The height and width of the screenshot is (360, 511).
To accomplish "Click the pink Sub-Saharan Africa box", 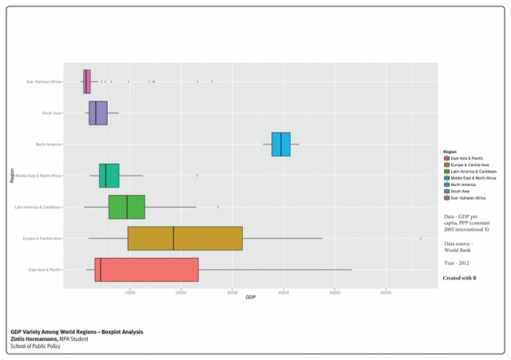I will (87, 81).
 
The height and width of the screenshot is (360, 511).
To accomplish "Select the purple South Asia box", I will (98, 113).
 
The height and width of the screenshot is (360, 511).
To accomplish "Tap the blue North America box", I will (281, 144).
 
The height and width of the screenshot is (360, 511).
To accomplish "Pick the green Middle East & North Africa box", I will (109, 175).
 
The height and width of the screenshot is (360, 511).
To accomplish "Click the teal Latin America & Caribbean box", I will (126, 207).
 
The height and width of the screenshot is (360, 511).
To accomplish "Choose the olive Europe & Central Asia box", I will (184, 238).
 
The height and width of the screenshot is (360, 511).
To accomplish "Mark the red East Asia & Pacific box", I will (146, 270).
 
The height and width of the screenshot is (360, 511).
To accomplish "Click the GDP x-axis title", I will (250, 298).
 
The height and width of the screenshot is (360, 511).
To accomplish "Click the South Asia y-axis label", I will (52, 113).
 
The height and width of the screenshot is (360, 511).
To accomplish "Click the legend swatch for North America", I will (446, 184).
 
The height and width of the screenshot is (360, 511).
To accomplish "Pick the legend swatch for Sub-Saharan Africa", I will (446, 197).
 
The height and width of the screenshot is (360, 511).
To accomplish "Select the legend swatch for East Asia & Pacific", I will (446, 158).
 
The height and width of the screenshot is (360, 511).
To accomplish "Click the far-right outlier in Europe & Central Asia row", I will (421, 238).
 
